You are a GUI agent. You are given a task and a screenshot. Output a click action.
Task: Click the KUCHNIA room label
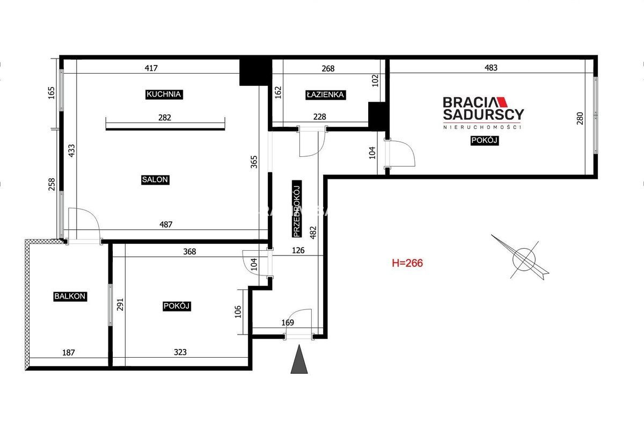pos(164,95)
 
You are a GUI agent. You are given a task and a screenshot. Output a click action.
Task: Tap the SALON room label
pos(155,180)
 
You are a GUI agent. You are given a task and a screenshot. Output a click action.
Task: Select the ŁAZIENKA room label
pos(325,95)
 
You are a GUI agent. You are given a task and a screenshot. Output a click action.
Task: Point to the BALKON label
pos(70,296)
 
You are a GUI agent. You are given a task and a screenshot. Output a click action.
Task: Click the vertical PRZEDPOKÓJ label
pos(297,209)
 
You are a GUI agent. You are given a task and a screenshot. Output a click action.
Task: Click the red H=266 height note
pos(407,263)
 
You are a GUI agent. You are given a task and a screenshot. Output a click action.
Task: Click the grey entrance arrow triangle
pos(299,359)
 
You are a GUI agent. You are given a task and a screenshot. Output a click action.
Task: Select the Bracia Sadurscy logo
pos(483,113)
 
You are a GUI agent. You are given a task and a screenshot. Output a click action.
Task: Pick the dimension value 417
pos(151,68)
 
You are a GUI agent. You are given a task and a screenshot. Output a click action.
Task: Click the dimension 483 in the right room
pos(491,68)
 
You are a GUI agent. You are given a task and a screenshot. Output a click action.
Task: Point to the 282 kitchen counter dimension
pos(165,118)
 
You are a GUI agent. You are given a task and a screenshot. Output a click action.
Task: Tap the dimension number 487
pos(166,224)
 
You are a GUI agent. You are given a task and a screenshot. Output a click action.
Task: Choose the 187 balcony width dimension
pos(69,352)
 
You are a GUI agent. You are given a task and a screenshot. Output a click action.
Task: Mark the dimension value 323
pos(180,352)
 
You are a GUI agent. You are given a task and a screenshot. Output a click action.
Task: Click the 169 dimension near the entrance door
pos(288,323)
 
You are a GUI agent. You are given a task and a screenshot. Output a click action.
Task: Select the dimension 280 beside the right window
pos(580,118)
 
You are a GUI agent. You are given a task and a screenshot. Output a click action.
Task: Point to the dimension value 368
pos(189,252)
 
